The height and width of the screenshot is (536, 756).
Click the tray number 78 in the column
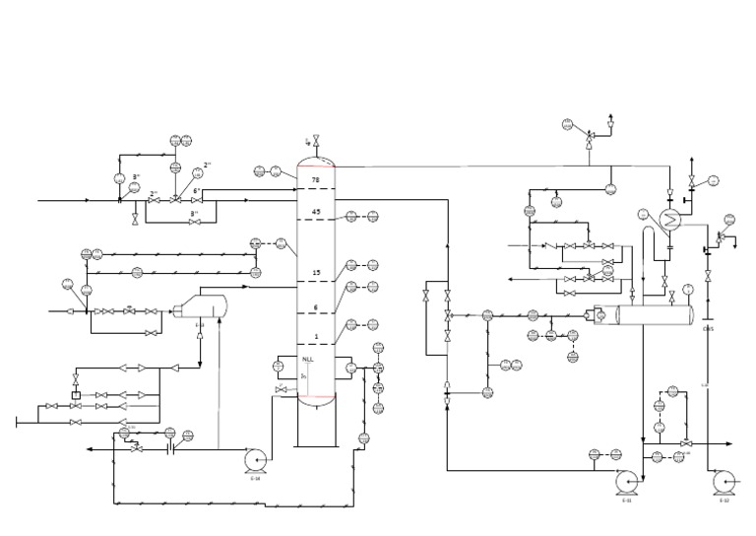pyautogui.click(x=316, y=180)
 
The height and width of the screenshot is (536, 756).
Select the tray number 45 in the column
pyautogui.click(x=316, y=212)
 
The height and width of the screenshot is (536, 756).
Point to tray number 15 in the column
pyautogui.click(x=316, y=273)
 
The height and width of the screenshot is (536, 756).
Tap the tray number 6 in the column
pyautogui.click(x=316, y=307)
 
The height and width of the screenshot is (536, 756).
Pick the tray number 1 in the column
pyautogui.click(x=316, y=336)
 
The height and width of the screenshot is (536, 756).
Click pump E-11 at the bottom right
pyautogui.click(x=625, y=481)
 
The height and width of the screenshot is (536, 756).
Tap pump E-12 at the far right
pyautogui.click(x=724, y=481)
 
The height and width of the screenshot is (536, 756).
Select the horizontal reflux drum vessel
pyautogui.click(x=655, y=315)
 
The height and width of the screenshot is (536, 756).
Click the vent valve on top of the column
pyautogui.click(x=316, y=140)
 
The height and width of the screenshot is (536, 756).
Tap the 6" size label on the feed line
pyautogui.click(x=197, y=190)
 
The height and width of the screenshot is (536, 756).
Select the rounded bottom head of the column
pyautogui.click(x=316, y=398)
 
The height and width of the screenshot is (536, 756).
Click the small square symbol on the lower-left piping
pyautogui.click(x=76, y=394)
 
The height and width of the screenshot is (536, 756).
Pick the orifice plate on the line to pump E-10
pyautogui.click(x=170, y=449)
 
